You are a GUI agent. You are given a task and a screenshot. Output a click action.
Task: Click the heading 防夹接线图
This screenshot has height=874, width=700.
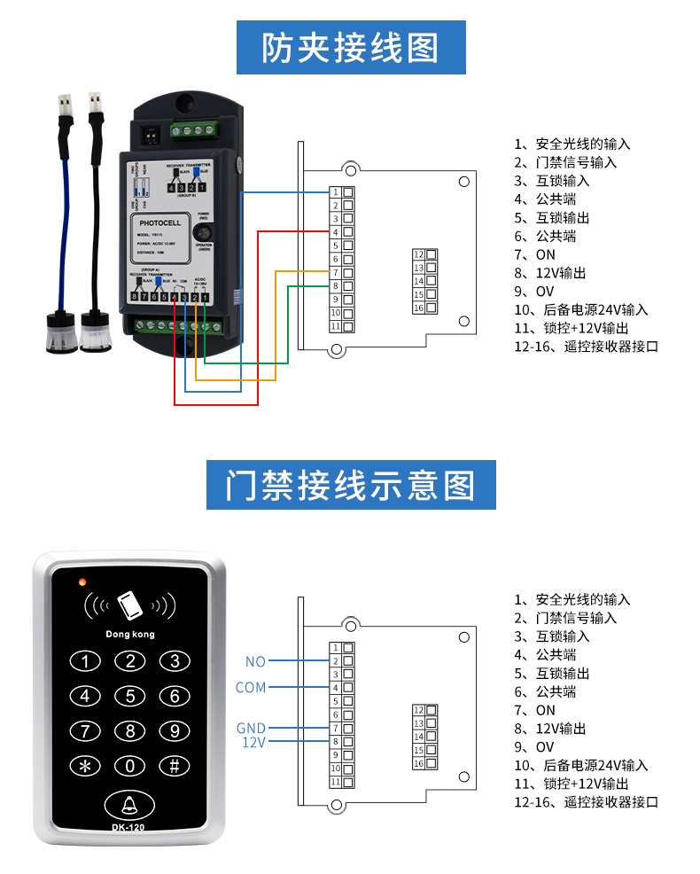(350, 48)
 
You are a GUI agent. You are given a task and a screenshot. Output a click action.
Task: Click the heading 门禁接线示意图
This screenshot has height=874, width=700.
(350, 485)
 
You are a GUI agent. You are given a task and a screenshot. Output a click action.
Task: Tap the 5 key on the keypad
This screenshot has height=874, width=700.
(130, 696)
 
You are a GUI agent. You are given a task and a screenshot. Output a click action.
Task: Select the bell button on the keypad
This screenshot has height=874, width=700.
(129, 804)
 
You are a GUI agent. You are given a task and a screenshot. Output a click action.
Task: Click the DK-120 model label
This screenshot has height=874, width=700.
(128, 827)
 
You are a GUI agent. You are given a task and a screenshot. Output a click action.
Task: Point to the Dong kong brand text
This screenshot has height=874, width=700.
(129, 634)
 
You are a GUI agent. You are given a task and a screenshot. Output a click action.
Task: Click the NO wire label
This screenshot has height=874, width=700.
(255, 661)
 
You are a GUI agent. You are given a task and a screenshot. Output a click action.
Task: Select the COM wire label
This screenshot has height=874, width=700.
(251, 687)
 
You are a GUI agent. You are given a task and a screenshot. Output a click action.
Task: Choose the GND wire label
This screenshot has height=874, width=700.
(251, 728)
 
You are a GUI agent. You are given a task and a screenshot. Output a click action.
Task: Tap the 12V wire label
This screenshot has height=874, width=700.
(253, 741)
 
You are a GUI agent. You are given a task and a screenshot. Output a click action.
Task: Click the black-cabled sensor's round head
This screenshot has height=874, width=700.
(95, 332)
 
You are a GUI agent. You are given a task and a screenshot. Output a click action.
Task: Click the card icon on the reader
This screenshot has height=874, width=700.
(130, 605)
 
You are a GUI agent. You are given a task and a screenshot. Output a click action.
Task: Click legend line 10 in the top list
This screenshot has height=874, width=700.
(581, 309)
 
